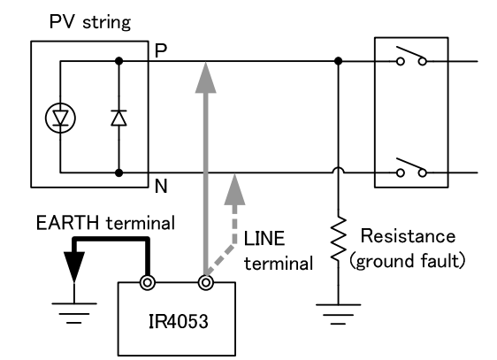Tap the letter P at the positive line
(160, 50)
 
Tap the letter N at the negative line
(160, 187)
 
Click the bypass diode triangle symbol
(119, 118)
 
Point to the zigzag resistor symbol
(338, 246)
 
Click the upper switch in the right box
(412, 61)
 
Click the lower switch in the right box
(412, 166)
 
